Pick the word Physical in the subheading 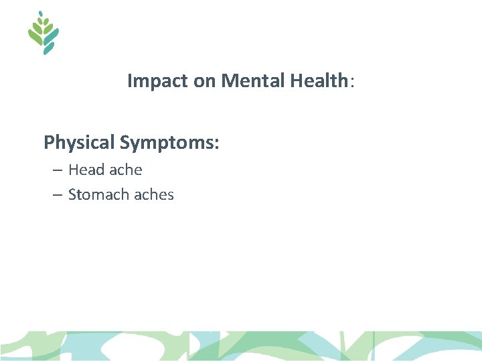pos(79,143)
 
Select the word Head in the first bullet pos(86,170)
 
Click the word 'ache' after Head pos(126,170)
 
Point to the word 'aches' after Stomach pos(153,195)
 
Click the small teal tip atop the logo pos(41,13)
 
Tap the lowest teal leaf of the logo pos(48,49)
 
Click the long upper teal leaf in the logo pos(52,34)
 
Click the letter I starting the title pos(130,82)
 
